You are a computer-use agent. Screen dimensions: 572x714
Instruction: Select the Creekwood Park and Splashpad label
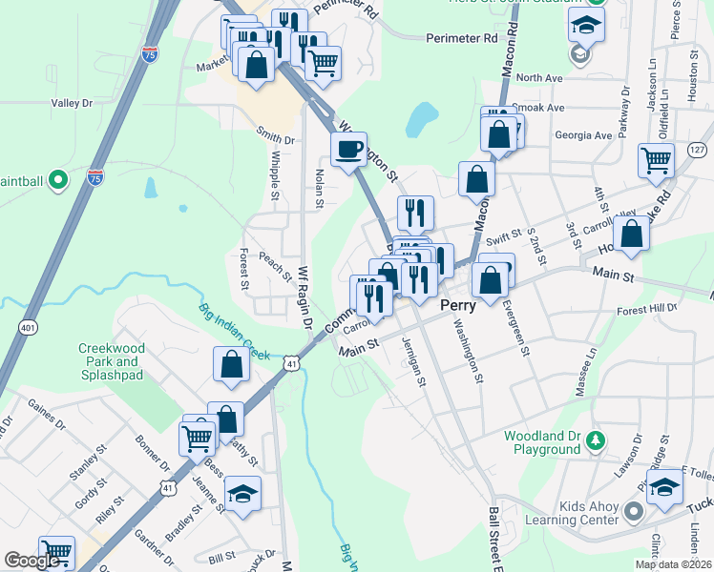109,361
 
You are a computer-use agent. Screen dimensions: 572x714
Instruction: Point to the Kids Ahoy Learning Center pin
631,514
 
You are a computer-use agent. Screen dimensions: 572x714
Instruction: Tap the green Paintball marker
57,179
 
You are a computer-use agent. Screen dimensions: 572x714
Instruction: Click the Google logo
31,561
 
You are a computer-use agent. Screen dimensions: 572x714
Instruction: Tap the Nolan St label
319,188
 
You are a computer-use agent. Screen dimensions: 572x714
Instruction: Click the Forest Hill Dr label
646,308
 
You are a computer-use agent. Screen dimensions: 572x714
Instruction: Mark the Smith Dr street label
275,137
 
